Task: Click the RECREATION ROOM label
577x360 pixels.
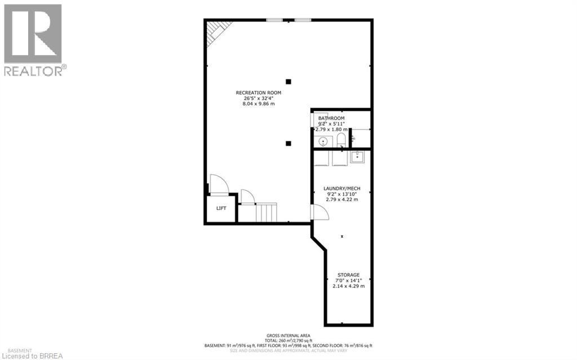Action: tap(259, 92)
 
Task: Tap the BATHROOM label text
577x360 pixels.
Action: tap(331, 118)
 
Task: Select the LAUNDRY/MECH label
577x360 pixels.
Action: tap(342, 188)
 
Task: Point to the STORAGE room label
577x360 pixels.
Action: tap(348, 275)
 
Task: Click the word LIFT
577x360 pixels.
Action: tap(221, 208)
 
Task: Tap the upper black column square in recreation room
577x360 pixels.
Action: tap(288, 81)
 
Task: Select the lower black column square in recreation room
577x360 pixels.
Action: tap(288, 143)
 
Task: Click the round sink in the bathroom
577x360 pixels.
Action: tap(323, 141)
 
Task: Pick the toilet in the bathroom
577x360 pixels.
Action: tap(341, 140)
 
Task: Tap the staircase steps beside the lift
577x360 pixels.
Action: tap(267, 213)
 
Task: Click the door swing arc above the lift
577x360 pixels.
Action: tap(219, 184)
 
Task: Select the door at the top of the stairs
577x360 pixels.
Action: tap(247, 197)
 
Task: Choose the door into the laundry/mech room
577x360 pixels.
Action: tap(319, 211)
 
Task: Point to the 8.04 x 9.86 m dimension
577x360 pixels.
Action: tap(259, 104)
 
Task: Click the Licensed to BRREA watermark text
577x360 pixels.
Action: tap(34, 355)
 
